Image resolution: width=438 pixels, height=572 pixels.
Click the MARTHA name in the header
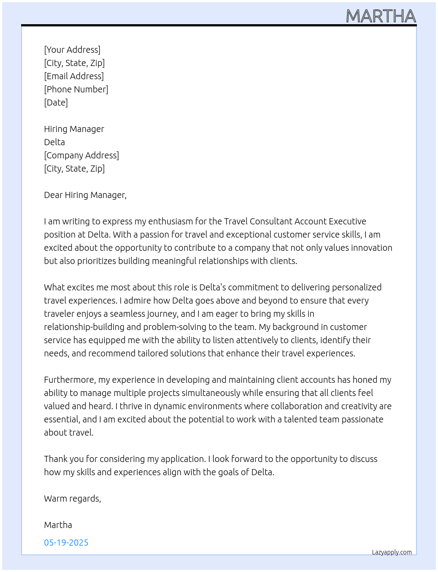[x=381, y=16]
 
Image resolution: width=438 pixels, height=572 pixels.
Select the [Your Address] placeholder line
[x=72, y=50]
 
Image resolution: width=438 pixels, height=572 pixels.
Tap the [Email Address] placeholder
[x=74, y=76]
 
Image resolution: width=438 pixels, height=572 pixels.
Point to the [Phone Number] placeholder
[x=76, y=89]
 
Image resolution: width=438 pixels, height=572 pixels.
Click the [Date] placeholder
[x=56, y=103]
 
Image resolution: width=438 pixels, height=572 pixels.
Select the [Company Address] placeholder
[x=81, y=155]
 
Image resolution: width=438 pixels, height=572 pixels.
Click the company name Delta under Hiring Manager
[x=55, y=142]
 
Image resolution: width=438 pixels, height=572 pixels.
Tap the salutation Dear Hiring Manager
[x=85, y=195]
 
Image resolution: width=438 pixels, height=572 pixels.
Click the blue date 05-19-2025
[x=66, y=543]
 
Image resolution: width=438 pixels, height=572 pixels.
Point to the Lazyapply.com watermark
[x=392, y=552]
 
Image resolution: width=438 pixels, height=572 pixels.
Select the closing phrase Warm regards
[x=72, y=499]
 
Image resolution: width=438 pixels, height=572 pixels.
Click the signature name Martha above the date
[x=58, y=525]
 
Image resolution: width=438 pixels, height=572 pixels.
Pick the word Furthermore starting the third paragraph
[x=69, y=380]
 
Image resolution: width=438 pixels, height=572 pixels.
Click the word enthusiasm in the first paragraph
[x=177, y=221]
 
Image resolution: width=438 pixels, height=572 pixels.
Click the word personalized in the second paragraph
[x=357, y=287]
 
